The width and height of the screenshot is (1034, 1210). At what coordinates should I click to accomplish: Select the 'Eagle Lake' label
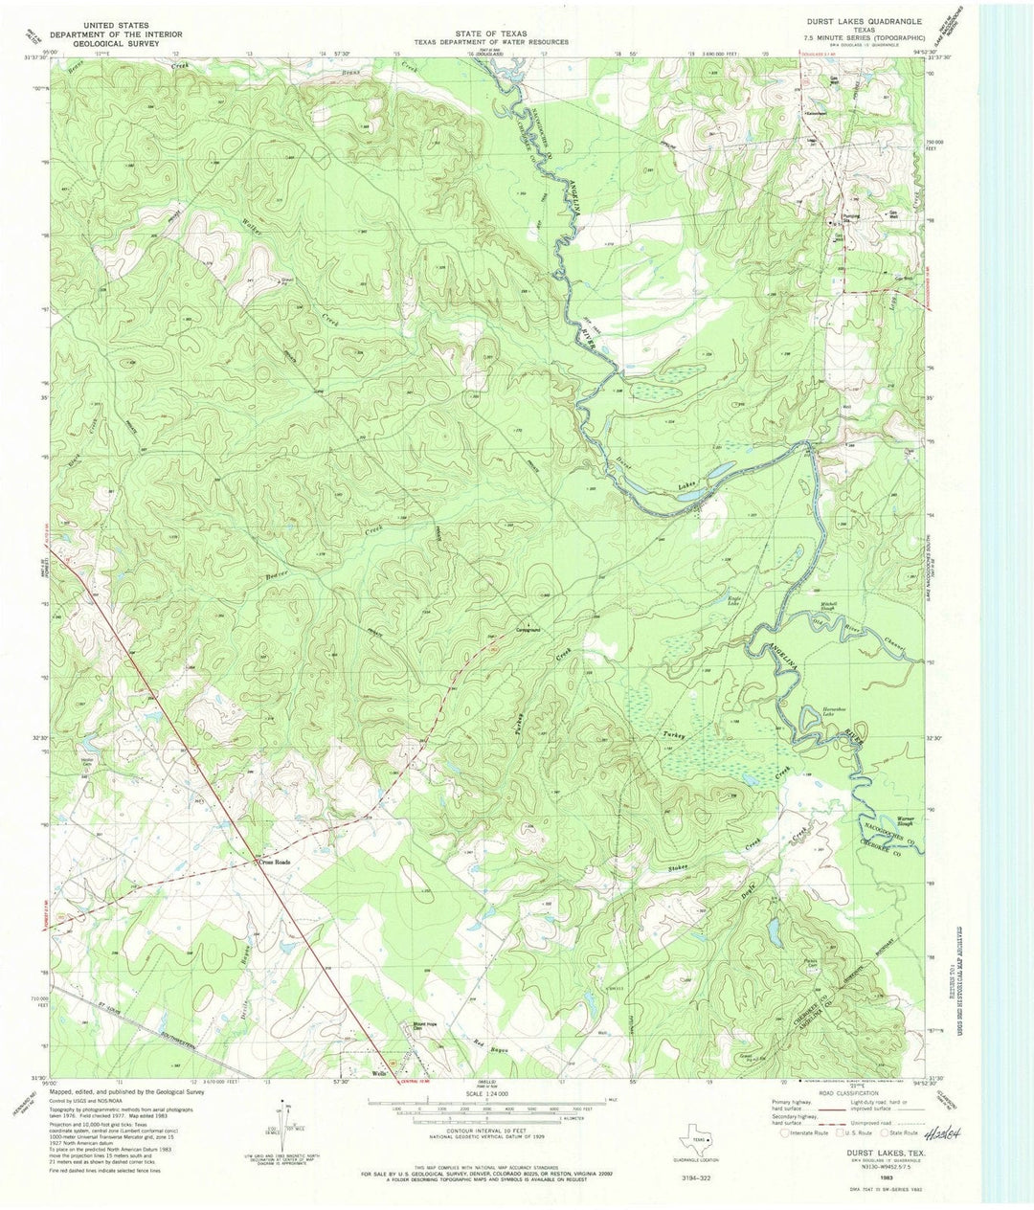735,600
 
